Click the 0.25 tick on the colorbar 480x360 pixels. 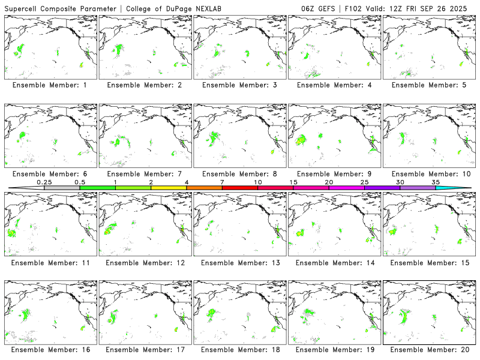[x=44, y=182]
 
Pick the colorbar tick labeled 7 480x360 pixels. [x=222, y=182]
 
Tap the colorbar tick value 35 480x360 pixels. [x=436, y=182]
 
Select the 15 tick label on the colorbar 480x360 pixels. [x=293, y=182]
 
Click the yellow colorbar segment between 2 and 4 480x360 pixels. [x=169, y=188]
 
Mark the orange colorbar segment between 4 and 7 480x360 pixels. [x=204, y=188]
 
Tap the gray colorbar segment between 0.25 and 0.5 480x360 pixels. [x=62, y=188]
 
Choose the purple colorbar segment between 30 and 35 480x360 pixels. [x=418, y=188]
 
